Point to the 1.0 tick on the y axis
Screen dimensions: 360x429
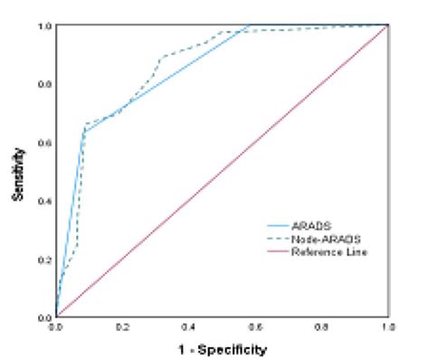(x=43, y=26)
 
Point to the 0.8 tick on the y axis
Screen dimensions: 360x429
(x=43, y=84)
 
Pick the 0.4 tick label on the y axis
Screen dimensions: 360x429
(x=43, y=201)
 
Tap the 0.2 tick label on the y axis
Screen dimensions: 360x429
(x=43, y=260)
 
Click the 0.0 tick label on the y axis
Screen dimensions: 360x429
(x=43, y=317)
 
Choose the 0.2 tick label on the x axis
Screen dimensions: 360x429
(x=122, y=326)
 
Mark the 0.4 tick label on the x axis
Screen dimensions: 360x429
(x=189, y=326)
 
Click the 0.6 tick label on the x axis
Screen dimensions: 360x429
(x=255, y=326)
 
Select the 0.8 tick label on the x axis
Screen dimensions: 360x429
(x=321, y=326)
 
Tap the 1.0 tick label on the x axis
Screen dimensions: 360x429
(x=387, y=326)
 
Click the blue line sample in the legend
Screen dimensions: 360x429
(x=276, y=224)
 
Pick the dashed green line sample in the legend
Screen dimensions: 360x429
(x=276, y=238)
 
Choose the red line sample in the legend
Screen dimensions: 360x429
(x=276, y=251)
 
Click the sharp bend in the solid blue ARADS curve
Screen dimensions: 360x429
(x=83, y=132)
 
